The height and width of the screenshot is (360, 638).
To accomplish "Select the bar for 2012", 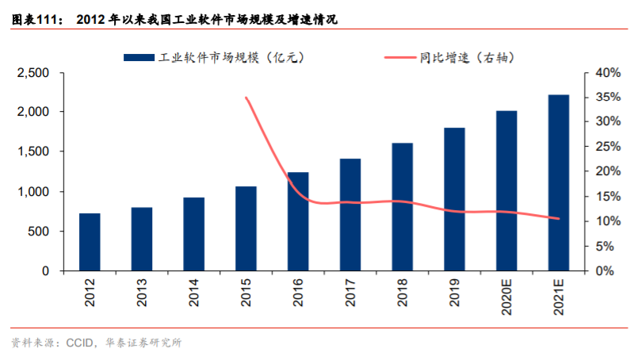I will click(x=90, y=242).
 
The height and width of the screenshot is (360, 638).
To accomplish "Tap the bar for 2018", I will click(x=403, y=207).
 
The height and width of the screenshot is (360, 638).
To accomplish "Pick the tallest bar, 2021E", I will click(x=559, y=182).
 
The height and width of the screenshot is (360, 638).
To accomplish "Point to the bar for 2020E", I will click(x=506, y=190).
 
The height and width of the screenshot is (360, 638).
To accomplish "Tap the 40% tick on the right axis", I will click(x=606, y=73).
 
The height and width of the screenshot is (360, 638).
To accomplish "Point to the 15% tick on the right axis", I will click(x=606, y=197).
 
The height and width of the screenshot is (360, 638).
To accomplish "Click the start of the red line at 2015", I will click(x=246, y=98).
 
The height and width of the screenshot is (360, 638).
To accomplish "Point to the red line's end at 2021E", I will click(x=559, y=219).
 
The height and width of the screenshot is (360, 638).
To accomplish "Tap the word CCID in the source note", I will click(x=77, y=343).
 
